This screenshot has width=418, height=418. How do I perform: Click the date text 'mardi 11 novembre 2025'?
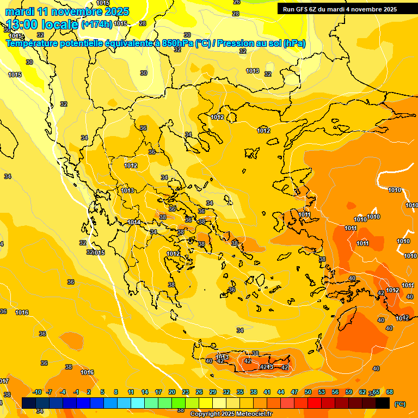click(x=67, y=11)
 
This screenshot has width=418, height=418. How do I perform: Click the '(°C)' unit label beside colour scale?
click(x=400, y=404)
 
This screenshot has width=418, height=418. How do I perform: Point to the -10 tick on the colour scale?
click(x=37, y=392)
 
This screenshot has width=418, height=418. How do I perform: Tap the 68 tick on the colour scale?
click(x=390, y=392)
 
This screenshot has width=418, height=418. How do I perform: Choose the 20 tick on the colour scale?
click(x=172, y=392)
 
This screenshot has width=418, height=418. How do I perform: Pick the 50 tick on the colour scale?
click(x=308, y=392)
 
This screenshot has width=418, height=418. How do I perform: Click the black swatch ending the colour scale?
click(x=383, y=403)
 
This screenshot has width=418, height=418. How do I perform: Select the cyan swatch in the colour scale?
click(x=138, y=403)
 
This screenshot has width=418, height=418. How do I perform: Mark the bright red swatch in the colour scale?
click(x=315, y=403)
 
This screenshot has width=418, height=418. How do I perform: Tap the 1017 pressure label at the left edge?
click(x=3, y=380)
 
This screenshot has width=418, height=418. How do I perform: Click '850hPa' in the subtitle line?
click(x=177, y=44)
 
